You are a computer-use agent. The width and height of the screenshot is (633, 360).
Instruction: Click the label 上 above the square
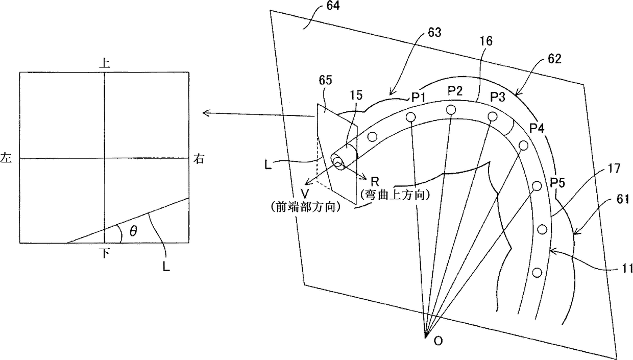tap(105, 63)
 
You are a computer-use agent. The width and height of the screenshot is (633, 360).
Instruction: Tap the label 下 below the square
tap(105, 252)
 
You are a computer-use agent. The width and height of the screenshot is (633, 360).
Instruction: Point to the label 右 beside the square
tap(200, 159)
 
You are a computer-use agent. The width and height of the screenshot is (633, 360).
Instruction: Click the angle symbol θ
tap(133, 232)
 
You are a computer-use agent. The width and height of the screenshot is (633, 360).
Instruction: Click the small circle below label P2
tap(451, 109)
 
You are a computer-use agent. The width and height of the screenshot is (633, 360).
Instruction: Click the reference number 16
tap(486, 42)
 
